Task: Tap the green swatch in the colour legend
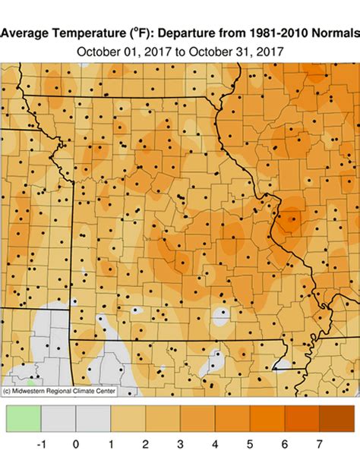coord(23,417)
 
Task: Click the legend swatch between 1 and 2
coord(128,417)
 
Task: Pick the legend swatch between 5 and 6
coord(267,417)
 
